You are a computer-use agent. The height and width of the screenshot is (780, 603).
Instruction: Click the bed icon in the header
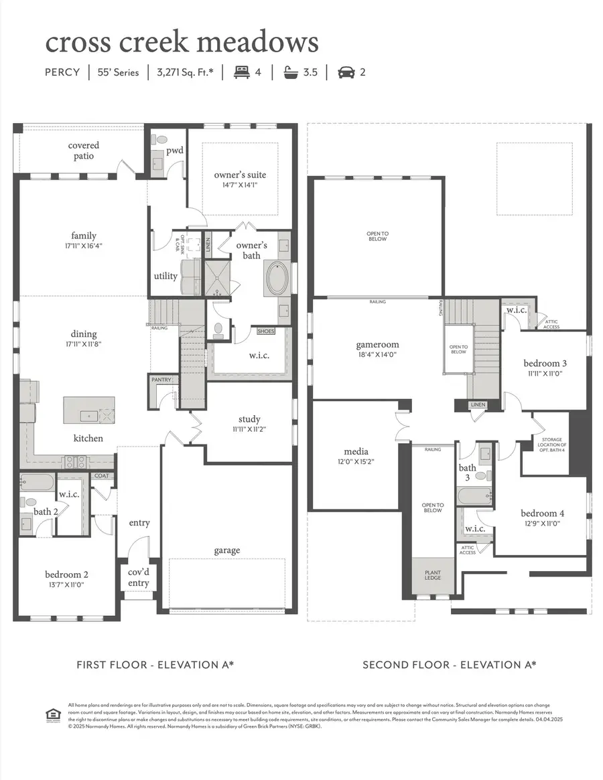click(x=241, y=72)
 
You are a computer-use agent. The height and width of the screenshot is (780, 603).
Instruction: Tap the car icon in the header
click(x=346, y=72)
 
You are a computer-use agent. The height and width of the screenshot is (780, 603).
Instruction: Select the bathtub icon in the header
click(x=291, y=72)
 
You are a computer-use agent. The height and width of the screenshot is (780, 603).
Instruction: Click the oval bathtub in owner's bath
click(x=277, y=279)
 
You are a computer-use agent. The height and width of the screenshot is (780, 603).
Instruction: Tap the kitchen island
click(x=89, y=410)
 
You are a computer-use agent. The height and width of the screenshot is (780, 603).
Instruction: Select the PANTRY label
click(x=161, y=380)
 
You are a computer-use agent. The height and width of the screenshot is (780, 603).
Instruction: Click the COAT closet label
click(x=102, y=476)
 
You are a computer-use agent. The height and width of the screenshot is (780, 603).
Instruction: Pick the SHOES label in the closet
click(x=266, y=331)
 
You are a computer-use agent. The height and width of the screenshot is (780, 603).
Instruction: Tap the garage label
click(x=227, y=550)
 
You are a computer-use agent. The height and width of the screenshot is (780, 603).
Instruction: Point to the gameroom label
click(x=377, y=345)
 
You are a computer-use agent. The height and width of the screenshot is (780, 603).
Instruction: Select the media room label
click(x=356, y=451)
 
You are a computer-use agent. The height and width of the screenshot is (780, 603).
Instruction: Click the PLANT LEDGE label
click(x=433, y=575)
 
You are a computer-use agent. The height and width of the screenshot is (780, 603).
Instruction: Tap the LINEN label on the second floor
click(x=478, y=405)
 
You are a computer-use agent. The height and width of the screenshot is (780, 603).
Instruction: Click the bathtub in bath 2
click(x=36, y=482)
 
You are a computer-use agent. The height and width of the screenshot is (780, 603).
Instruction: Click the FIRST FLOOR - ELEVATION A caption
click(x=155, y=665)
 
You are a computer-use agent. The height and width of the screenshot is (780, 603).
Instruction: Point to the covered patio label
click(x=84, y=151)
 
